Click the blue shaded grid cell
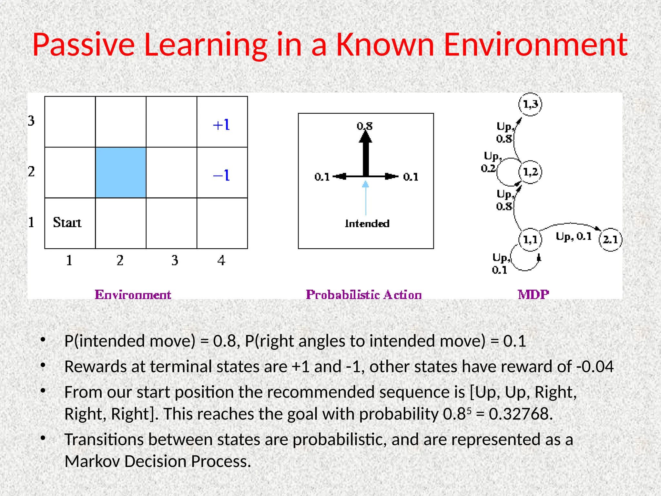tap(121, 172)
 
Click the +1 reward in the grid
tap(221, 125)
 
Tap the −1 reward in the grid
tap(221, 175)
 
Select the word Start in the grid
tap(67, 222)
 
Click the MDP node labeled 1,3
tap(530, 104)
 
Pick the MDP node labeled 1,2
tap(530, 172)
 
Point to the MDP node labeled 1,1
tap(530, 240)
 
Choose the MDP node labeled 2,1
tap(610, 240)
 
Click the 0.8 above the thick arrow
tap(365, 126)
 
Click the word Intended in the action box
tap(367, 223)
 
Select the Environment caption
tap(133, 294)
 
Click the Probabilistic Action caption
tap(364, 294)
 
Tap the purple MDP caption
tap(533, 294)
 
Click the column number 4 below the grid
tap(221, 260)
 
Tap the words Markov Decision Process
tap(158, 461)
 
